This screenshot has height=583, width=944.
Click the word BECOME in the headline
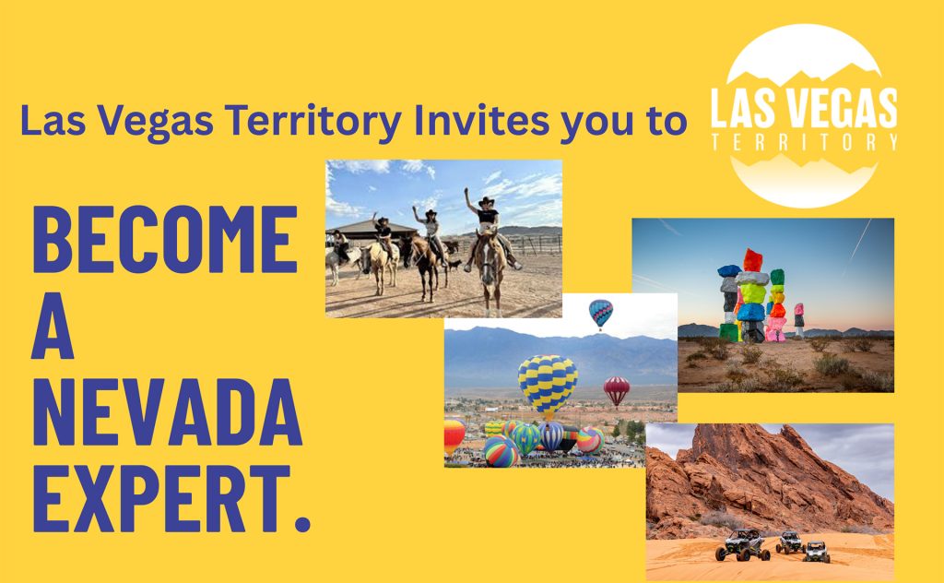(165, 239)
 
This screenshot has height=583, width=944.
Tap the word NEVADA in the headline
(168, 412)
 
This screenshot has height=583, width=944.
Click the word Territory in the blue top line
(313, 122)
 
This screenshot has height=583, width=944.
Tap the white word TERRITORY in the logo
(804, 142)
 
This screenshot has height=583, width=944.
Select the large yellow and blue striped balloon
(548, 385)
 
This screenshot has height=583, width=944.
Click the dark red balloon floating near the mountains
(617, 389)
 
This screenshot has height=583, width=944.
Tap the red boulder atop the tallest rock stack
(752, 260)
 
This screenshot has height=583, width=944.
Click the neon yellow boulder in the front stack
(752, 293)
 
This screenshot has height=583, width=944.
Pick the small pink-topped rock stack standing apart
(799, 320)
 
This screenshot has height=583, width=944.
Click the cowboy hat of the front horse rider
(487, 201)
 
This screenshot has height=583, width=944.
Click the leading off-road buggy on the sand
(742, 544)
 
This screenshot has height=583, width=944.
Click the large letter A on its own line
(53, 326)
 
